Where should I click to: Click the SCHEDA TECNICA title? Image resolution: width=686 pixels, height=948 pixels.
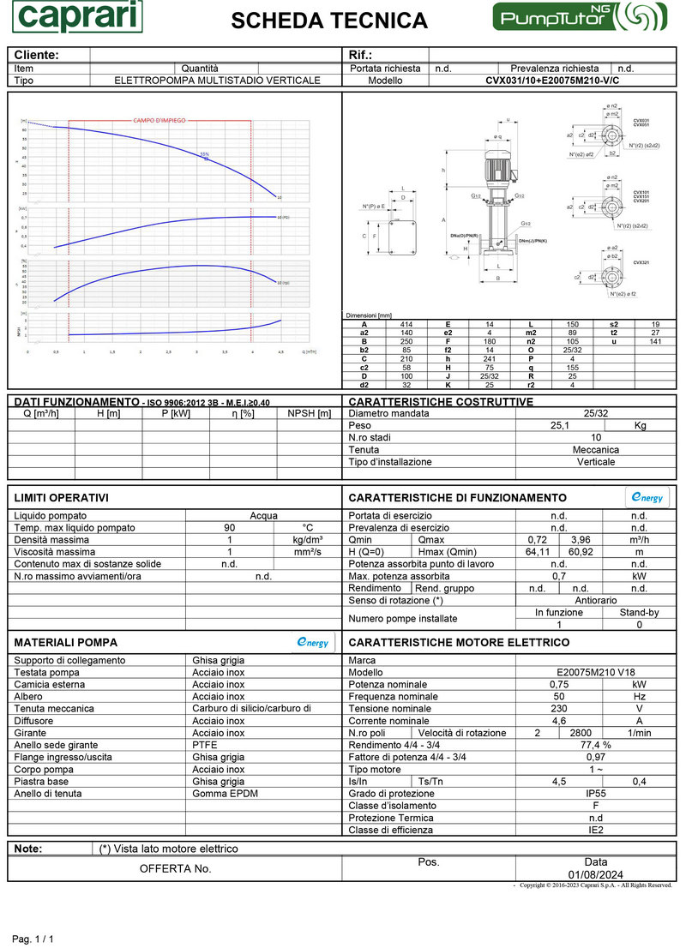pyautogui.click(x=329, y=21)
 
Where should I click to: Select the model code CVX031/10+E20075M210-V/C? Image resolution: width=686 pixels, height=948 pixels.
pyautogui.click(x=551, y=81)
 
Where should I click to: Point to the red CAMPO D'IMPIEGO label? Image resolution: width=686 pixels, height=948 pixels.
pyautogui.click(x=159, y=121)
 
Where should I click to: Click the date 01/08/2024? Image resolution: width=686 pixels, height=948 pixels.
pyautogui.click(x=595, y=873)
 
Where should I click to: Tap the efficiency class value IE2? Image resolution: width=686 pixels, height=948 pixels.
pyautogui.click(x=595, y=830)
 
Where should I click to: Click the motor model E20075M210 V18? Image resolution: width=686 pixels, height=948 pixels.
pyautogui.click(x=595, y=673)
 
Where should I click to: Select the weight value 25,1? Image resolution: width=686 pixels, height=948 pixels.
pyautogui.click(x=559, y=425)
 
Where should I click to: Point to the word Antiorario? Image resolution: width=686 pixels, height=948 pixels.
pyautogui.click(x=595, y=600)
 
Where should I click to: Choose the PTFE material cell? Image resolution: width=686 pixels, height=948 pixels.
pyautogui.click(x=206, y=745)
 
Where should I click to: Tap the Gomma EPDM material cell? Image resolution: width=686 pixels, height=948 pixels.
pyautogui.click(x=225, y=793)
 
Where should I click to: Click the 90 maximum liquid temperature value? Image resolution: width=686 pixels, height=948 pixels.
pyautogui.click(x=229, y=528)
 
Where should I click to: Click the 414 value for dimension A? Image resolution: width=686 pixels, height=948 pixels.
pyautogui.click(x=406, y=324)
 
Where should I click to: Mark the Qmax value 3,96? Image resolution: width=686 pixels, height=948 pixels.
pyautogui.click(x=581, y=539)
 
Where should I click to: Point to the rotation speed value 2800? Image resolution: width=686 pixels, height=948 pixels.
pyautogui.click(x=581, y=733)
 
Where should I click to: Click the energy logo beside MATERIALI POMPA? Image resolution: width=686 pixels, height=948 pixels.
pyautogui.click(x=312, y=643)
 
